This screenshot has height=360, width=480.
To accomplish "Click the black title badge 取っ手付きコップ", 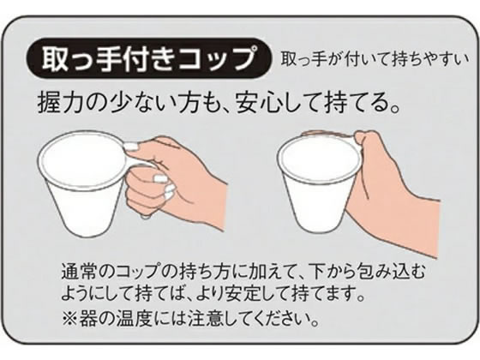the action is click(x=149, y=59).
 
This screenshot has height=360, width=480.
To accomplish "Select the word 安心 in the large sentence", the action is click(x=256, y=103).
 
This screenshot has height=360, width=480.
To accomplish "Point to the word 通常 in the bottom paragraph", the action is click(x=80, y=272).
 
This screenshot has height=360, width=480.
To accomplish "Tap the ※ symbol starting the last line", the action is click(x=70, y=319).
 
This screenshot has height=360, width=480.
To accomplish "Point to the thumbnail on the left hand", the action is click(x=132, y=147).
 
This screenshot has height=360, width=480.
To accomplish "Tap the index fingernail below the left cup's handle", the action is click(x=159, y=177).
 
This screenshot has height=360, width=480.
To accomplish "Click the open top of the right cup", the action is click(x=319, y=156).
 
